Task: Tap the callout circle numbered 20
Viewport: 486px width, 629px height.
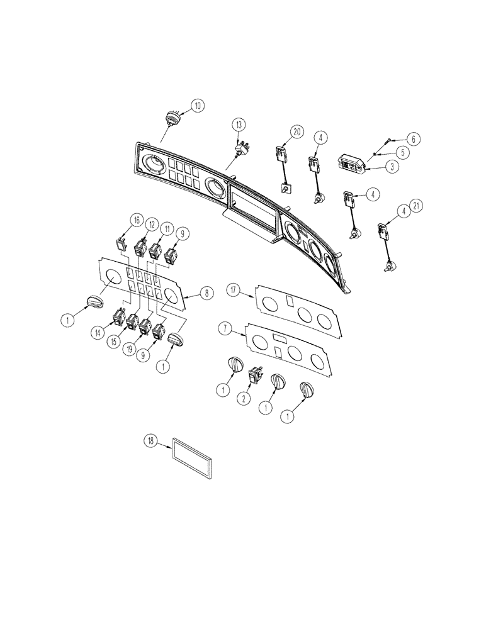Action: click(297, 132)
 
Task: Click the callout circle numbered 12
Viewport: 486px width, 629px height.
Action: click(151, 225)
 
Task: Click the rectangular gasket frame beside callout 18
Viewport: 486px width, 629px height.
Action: click(192, 458)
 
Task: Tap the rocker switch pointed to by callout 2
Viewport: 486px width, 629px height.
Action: click(257, 375)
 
